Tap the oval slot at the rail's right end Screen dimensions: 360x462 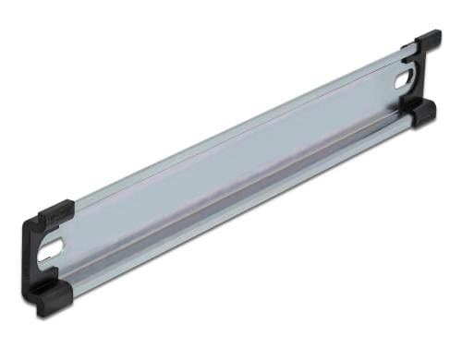point(404,81)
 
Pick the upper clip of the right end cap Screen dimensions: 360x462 point(426,42)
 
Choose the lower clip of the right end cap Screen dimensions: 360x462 point(424,113)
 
